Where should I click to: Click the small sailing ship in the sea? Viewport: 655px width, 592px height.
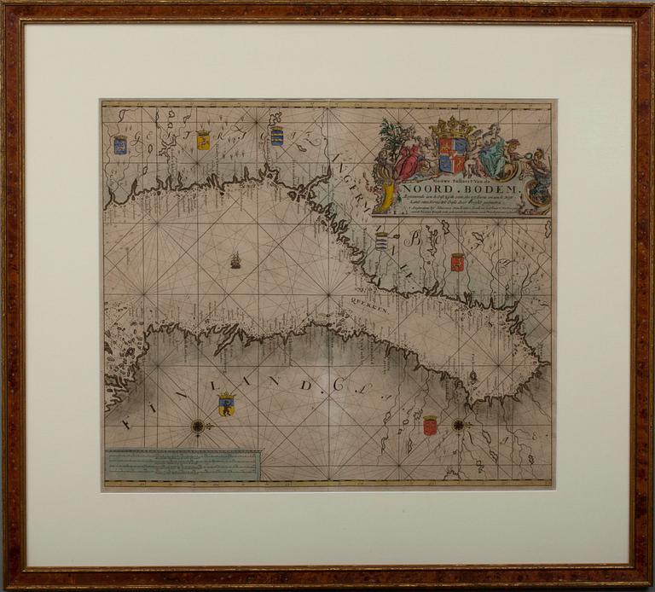tap(235, 259)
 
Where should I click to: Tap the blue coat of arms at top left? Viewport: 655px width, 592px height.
tap(120, 144)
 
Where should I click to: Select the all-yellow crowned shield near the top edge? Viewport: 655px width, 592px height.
tap(203, 140)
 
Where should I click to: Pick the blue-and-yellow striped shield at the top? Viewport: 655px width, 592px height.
tap(276, 136)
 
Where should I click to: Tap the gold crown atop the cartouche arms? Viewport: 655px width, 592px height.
tap(454, 128)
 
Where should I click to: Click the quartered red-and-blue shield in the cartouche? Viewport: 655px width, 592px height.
tap(453, 154)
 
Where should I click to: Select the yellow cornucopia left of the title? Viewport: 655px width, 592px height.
tap(388, 196)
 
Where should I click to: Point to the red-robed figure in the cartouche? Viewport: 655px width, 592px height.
tap(409, 159)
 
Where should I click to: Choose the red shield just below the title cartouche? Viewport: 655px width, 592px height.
tap(457, 262)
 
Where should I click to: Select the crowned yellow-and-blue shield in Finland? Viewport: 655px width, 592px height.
tap(226, 403)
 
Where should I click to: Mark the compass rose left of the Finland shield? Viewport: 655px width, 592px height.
tap(198, 425)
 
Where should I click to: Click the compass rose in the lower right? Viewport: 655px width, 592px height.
tap(460, 424)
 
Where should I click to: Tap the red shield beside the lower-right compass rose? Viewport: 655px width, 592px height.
tap(430, 425)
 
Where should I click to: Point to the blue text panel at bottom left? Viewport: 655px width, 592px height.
tap(183, 465)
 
